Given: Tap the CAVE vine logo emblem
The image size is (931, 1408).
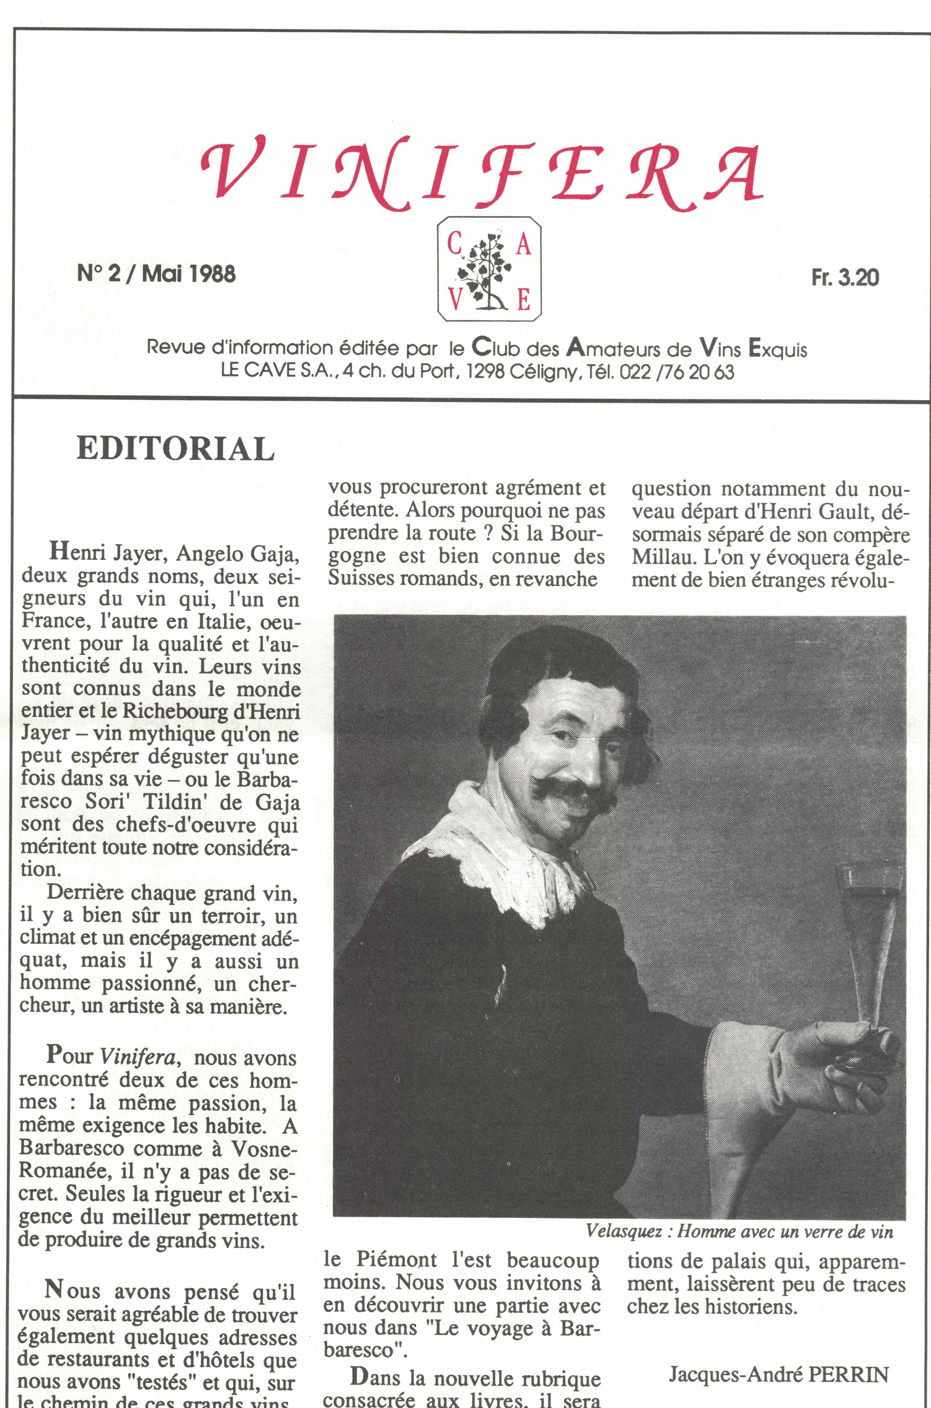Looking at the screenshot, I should pyautogui.click(x=489, y=269).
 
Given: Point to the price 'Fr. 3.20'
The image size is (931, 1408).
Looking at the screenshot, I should pyautogui.click(x=845, y=278).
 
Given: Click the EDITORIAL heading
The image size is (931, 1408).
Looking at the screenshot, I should pyautogui.click(x=176, y=449).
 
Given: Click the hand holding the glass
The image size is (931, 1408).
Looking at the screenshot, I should pyautogui.click(x=855, y=1062).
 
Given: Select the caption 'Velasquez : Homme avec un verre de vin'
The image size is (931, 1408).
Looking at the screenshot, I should pyautogui.click(x=739, y=1231).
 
